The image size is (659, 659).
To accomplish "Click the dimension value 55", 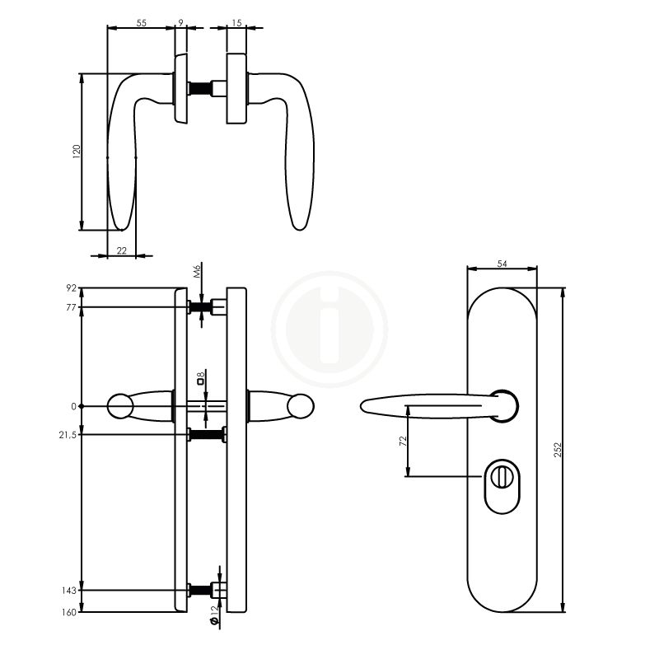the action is click(x=141, y=23).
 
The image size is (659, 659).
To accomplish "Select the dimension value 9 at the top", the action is click(x=180, y=23).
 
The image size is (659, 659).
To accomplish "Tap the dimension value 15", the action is click(x=237, y=23).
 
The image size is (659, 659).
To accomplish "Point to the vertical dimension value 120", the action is click(x=77, y=152).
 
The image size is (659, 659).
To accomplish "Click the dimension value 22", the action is click(x=121, y=251).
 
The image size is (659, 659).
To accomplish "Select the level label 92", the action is click(x=71, y=288).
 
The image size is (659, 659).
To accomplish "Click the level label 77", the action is click(x=71, y=307).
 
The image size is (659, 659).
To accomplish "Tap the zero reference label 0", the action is click(x=73, y=406).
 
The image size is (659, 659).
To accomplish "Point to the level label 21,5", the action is click(x=68, y=435).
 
